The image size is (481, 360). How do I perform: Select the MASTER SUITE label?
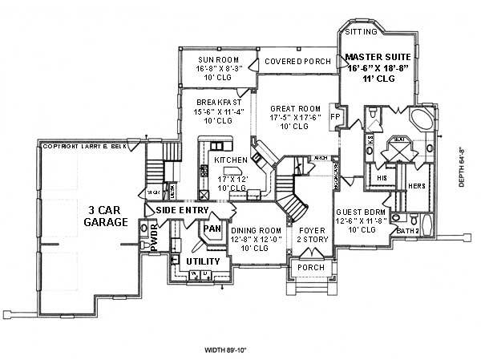tap(378, 58)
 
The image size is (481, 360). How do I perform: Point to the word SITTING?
tap(359, 33)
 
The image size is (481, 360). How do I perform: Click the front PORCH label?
tap(305, 267)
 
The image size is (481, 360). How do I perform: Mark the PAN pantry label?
tap(212, 229)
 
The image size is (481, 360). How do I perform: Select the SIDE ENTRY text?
tap(182, 210)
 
